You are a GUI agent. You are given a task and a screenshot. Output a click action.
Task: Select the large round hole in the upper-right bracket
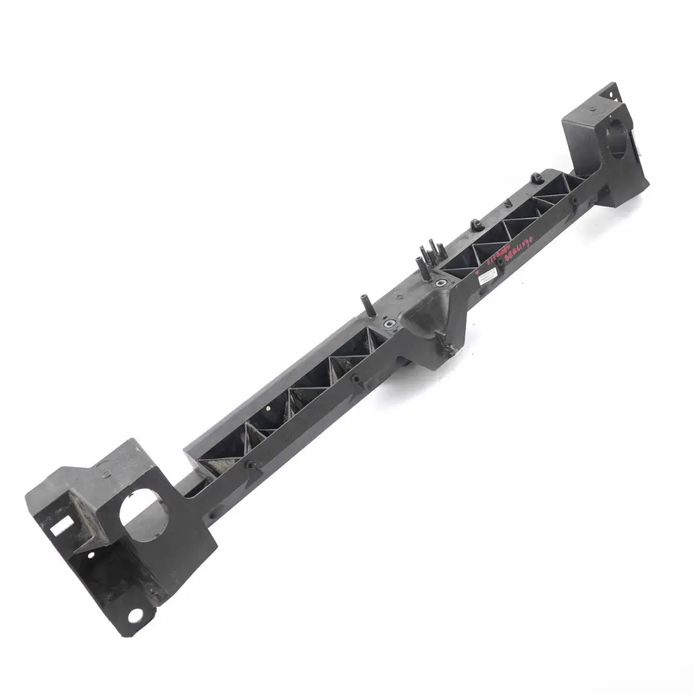tap(618, 139)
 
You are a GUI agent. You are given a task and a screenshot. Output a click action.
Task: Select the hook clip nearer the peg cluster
tap(476, 225)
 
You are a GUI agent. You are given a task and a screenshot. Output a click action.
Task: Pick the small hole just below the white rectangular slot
tap(91, 555)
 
